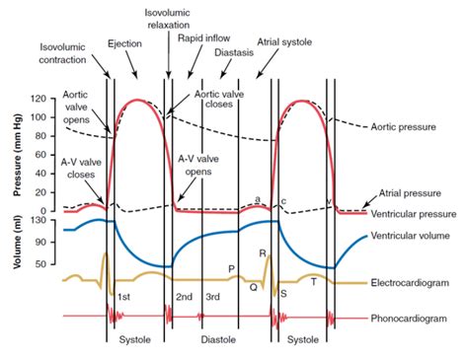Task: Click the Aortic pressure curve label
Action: click(x=410, y=126)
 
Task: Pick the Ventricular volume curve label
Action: click(x=416, y=237)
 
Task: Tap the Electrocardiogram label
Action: click(x=416, y=283)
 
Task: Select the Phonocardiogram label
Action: click(x=415, y=319)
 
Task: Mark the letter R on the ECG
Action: click(x=263, y=254)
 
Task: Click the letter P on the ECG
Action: click(x=231, y=268)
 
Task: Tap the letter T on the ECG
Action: click(x=314, y=281)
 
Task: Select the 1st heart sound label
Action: click(x=124, y=297)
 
